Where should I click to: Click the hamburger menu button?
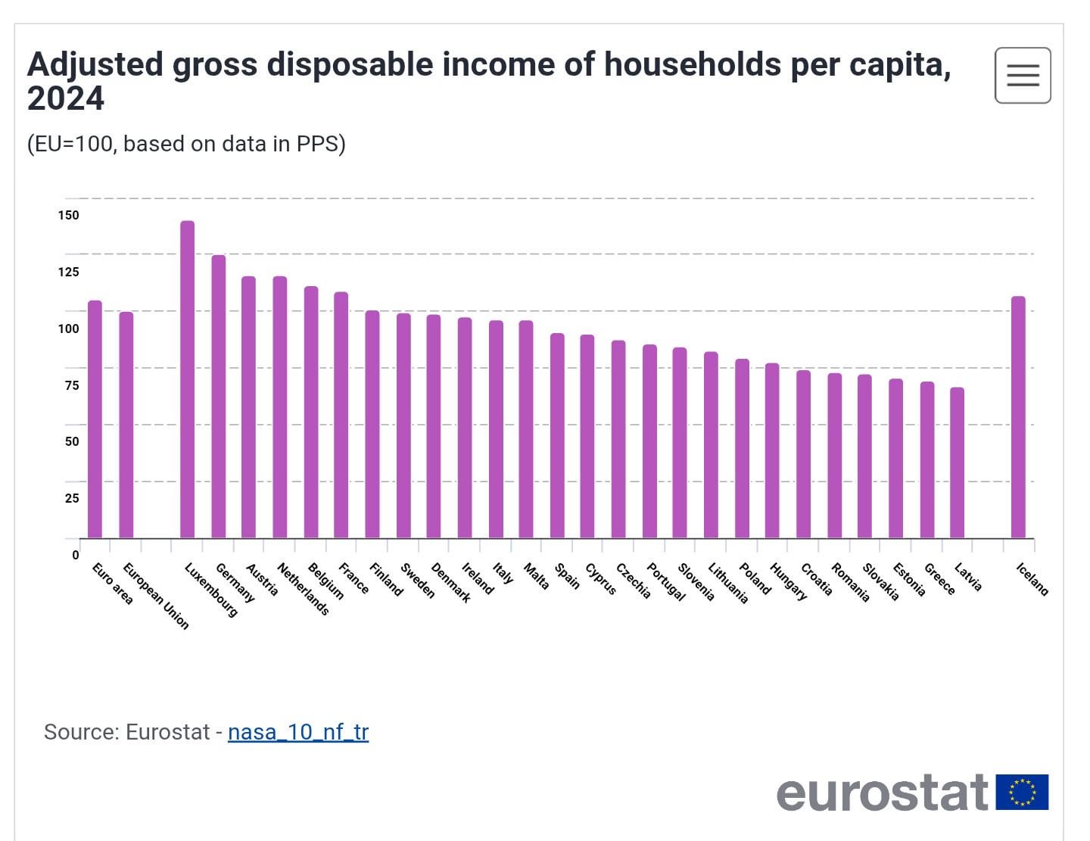(1023, 75)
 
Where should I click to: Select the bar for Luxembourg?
(187, 378)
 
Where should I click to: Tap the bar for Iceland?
(1018, 416)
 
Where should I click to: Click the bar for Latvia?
(957, 463)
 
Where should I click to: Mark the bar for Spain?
(557, 435)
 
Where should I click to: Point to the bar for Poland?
(742, 448)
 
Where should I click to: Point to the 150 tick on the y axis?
(68, 215)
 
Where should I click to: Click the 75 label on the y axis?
(71, 385)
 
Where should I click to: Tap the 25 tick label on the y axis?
(72, 498)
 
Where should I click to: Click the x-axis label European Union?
(155, 596)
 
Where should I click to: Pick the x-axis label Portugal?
(665, 582)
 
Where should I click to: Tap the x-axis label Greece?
(939, 579)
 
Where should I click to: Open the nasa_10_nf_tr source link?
(297, 732)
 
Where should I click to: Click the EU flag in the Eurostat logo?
(1022, 792)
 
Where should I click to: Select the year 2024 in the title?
(66, 99)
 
